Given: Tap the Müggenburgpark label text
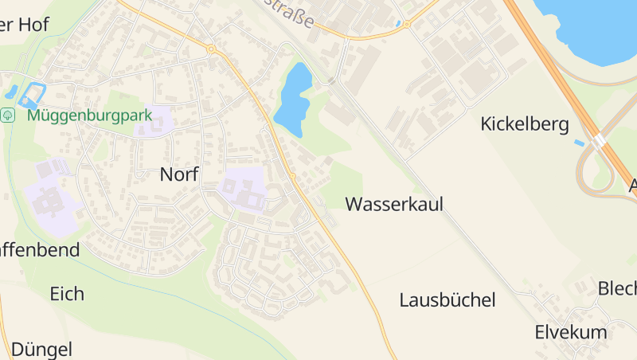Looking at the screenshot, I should click(89, 115).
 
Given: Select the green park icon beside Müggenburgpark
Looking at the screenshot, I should click(8, 115).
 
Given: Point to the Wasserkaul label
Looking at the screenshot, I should click(394, 204).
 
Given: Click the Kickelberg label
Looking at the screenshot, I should click(525, 124).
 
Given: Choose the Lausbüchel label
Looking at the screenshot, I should click(447, 300).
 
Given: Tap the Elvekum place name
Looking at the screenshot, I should click(571, 332).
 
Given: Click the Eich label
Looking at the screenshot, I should click(67, 293).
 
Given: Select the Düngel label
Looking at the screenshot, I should click(41, 349).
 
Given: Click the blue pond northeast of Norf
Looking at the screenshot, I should click(294, 96).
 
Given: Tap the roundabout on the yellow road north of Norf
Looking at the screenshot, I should click(211, 49).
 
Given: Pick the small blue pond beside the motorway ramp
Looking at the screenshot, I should click(578, 143).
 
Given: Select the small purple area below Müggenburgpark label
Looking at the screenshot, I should click(154, 123).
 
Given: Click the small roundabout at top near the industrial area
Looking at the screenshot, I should click(407, 25).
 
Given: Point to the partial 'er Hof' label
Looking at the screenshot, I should click(25, 25).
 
